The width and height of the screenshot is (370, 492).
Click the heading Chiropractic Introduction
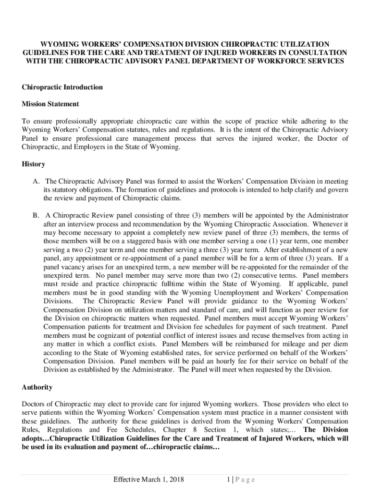pyautogui.click(x=62, y=87)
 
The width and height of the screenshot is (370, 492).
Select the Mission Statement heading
pyautogui.click(x=50, y=104)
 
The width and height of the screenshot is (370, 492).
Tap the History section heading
pyautogui.click(x=34, y=164)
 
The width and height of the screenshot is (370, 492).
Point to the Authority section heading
pyautogui.click(x=37, y=387)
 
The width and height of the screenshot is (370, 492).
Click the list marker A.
pyautogui.click(x=36, y=181)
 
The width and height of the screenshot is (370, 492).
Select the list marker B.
pyautogui.click(x=36, y=215)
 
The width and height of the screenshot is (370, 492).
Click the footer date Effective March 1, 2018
pyautogui.click(x=148, y=480)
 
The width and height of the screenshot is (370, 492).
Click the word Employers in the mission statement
pyautogui.click(x=84, y=147)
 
